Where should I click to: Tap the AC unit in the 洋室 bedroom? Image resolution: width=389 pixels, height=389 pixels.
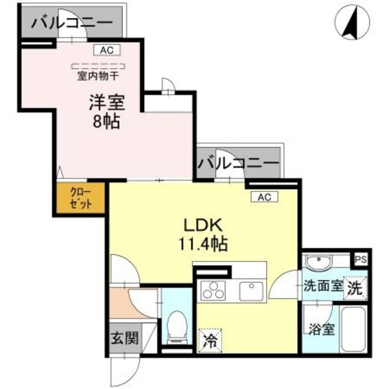pyautogui.click(x=106, y=51)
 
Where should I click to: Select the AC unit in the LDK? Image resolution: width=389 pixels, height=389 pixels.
pyautogui.click(x=264, y=196)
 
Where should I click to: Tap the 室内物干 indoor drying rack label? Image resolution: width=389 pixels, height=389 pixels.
pyautogui.click(x=97, y=76)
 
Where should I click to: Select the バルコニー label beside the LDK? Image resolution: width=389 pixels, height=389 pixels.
pyautogui.click(x=238, y=163)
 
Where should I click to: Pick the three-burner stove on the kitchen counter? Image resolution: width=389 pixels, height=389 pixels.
pyautogui.click(x=214, y=290)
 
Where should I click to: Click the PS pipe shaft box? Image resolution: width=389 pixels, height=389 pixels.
pyautogui.click(x=361, y=258)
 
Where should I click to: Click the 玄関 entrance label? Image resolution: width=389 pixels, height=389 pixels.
pyautogui.click(x=123, y=339)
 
